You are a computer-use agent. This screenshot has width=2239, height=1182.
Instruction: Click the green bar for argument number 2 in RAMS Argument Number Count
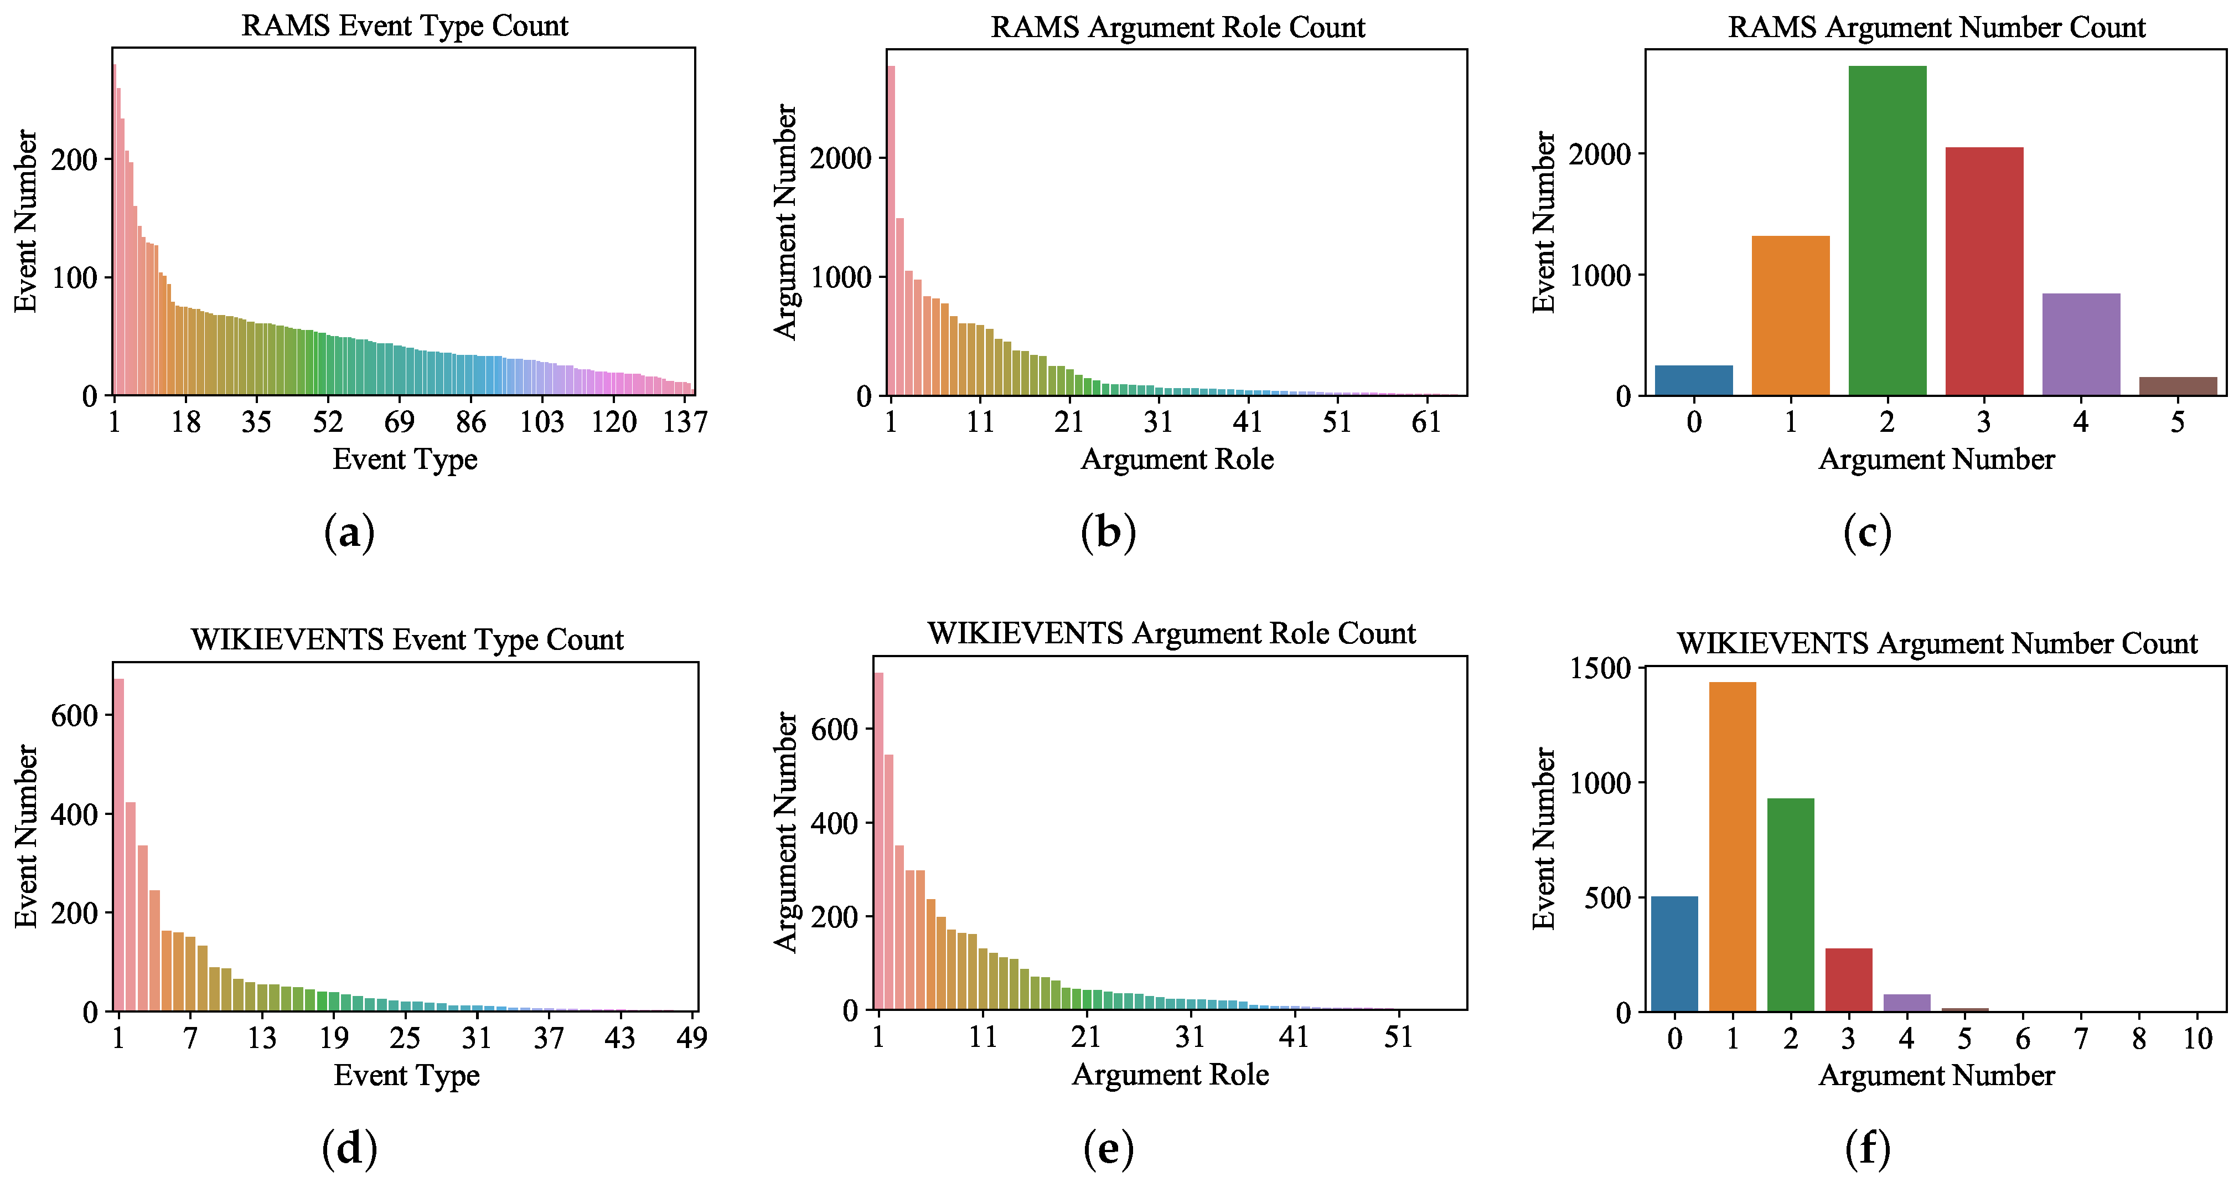click(x=1887, y=230)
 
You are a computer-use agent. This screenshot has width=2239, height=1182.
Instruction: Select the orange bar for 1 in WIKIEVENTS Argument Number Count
click(x=1733, y=848)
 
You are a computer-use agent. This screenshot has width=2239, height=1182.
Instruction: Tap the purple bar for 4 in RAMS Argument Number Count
click(x=2081, y=344)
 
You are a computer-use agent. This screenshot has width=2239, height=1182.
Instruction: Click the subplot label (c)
click(x=1867, y=532)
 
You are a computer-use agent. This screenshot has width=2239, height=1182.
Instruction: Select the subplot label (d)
click(x=349, y=1148)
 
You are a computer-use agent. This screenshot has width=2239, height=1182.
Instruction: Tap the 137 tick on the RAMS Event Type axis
click(x=685, y=422)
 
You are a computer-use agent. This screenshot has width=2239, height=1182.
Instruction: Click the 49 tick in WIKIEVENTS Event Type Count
click(x=692, y=1038)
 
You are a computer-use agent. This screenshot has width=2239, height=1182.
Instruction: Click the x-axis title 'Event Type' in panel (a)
click(x=405, y=459)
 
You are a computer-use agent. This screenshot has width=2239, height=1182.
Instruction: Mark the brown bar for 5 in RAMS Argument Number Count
click(x=2178, y=386)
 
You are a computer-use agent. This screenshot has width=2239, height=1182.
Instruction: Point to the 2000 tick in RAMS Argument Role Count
click(x=840, y=159)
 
